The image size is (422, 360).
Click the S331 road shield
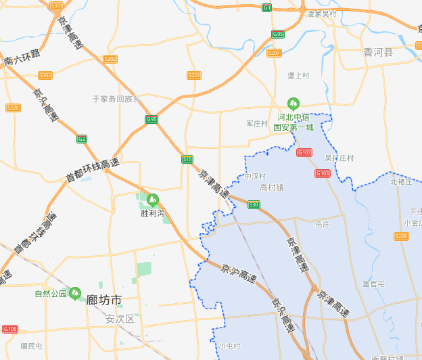pos(57,5)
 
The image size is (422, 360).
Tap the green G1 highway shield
pos(267,7)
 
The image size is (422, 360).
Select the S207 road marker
pos(274,53)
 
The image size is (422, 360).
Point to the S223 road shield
pos(194,75)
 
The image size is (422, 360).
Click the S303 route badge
pos(45,75)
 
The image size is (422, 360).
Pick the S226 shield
pos(13,108)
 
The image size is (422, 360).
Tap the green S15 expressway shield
pos(187,159)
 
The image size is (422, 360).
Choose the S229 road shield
pos(401,236)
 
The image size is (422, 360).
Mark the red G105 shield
pos(9,329)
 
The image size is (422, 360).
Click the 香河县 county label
pos(377,51)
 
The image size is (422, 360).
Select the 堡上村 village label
pos(298,76)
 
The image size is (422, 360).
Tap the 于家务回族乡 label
pos(116,99)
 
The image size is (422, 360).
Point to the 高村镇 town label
pos(272,187)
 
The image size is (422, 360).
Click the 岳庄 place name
pos(323,223)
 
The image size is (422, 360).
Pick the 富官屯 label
pos(373,284)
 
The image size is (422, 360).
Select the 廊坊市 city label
pos(104,299)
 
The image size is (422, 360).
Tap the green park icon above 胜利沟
pos(152,200)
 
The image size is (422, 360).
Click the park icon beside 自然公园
pos(74,292)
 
